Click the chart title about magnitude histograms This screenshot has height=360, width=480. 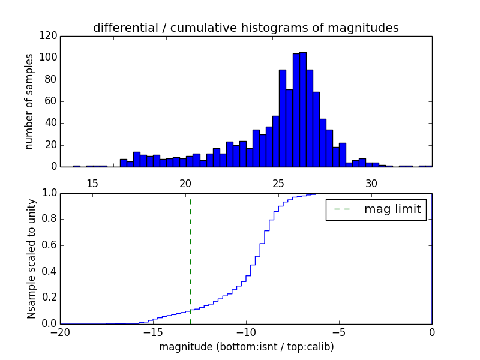coord(245,28)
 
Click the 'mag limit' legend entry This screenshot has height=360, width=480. coord(376,209)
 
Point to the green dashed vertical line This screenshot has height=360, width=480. coord(190,258)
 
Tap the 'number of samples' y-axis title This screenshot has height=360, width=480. coord(29,101)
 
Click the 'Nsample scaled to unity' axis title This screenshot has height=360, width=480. coord(31,258)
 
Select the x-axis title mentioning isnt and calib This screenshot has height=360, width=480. coord(246,347)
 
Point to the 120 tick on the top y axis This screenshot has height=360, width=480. coord(50,36)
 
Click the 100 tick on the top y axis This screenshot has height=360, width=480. coord(50,58)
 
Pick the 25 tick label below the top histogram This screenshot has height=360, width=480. coord(278,183)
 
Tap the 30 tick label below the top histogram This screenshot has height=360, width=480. coord(371,183)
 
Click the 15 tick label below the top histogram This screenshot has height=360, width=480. coord(92,183)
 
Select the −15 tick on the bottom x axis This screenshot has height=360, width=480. coord(152,332)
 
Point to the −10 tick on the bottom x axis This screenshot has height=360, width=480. coord(245,332)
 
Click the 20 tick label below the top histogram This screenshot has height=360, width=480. coord(185,183)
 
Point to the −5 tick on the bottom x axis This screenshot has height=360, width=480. coord(338,332)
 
